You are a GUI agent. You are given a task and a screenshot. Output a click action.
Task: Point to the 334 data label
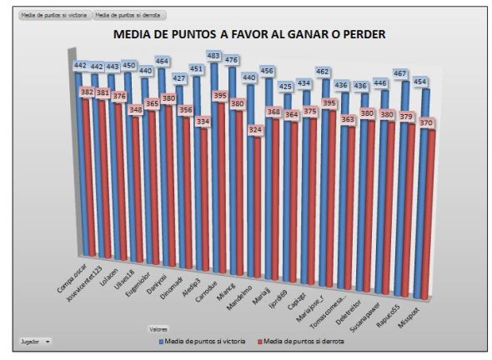(x=202, y=121)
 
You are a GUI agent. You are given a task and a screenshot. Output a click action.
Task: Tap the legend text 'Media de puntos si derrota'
(x=305, y=341)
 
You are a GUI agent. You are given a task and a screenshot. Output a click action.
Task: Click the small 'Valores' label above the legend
(x=159, y=328)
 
